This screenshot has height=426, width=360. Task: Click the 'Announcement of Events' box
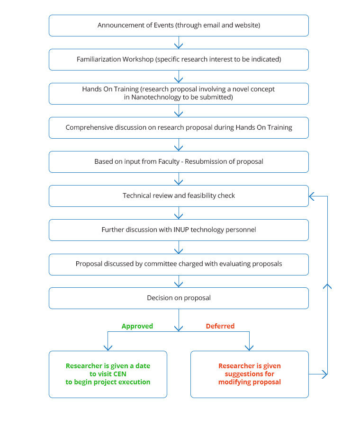(x=179, y=26)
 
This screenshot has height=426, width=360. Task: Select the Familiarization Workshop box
(x=179, y=60)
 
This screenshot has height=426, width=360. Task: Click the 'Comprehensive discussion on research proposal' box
(x=179, y=128)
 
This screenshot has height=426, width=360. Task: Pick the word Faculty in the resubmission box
(x=169, y=162)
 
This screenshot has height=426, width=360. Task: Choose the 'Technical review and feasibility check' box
(x=179, y=196)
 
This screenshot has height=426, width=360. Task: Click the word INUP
(x=181, y=230)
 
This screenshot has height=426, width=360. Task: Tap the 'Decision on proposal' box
(x=179, y=298)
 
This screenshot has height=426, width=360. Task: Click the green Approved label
(x=137, y=326)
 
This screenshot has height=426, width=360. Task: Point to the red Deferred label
(x=220, y=326)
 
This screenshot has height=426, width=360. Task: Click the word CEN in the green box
(x=120, y=374)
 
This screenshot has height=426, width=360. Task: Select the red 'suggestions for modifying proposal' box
(x=249, y=374)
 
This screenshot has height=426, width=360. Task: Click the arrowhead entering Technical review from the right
(x=312, y=196)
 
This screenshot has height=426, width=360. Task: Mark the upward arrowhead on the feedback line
(x=327, y=286)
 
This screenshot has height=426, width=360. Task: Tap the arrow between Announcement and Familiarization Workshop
(x=179, y=43)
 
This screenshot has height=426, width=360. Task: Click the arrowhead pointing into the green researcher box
(x=108, y=348)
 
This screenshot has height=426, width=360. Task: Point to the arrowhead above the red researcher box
(x=249, y=348)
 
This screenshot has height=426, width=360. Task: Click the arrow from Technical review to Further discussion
(x=179, y=213)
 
